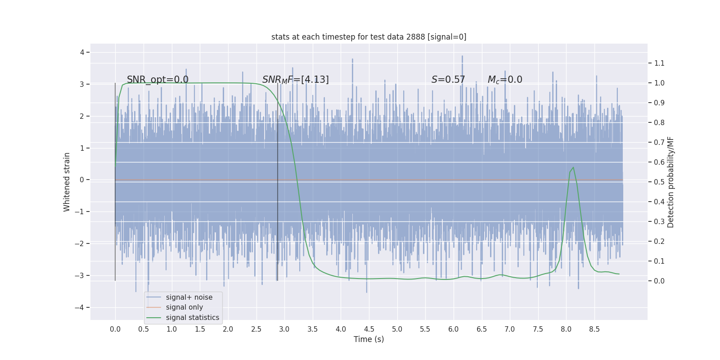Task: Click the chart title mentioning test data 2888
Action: coord(369,37)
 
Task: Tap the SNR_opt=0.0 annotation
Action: coord(157,80)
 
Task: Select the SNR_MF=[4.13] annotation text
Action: coord(295,80)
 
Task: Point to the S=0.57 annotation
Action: coord(448,80)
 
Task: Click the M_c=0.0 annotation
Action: coord(504,80)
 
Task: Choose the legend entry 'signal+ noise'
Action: coord(189,297)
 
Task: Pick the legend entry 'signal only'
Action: coord(184,307)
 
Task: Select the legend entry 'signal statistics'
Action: coord(192,318)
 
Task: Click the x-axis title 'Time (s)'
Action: coord(369,339)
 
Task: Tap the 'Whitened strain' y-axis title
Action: coord(67,182)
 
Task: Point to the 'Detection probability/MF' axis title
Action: coord(670,182)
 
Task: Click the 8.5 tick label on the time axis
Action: coord(594,329)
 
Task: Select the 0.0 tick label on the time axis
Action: coord(115,329)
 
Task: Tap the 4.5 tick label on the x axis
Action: coord(369,329)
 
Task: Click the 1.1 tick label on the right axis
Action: coord(659,63)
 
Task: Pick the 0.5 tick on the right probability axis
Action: coord(659,182)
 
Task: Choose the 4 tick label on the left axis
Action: coord(82,52)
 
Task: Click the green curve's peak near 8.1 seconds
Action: coord(573,167)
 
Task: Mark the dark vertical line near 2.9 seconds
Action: coord(277,202)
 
